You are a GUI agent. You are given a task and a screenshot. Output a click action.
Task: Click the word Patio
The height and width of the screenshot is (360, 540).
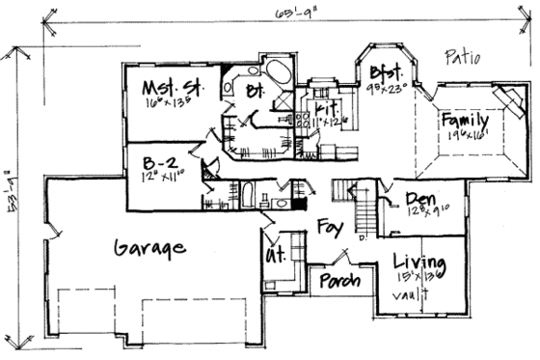coord(463,56)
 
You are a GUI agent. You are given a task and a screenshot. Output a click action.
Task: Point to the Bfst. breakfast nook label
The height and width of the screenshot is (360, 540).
coord(385,72)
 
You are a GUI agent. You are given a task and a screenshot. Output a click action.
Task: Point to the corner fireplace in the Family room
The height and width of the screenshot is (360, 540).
coord(504,99)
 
